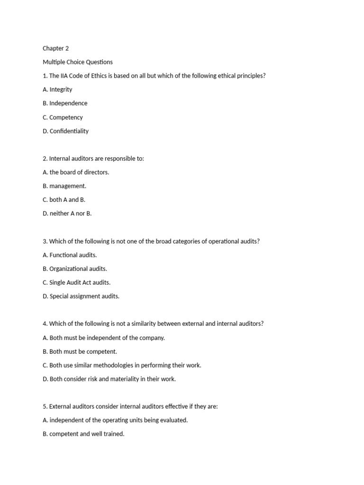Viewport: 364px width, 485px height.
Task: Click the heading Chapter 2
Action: click(x=55, y=48)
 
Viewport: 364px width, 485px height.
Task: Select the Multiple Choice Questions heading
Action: click(x=78, y=62)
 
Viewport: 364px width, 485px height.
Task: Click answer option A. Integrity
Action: click(x=57, y=90)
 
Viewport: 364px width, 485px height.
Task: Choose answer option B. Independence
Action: click(x=65, y=103)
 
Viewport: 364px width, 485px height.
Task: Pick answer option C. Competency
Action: click(x=63, y=117)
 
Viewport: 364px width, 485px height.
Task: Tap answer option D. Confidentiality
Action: click(x=65, y=131)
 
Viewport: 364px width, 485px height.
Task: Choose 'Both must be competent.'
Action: click(x=80, y=351)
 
